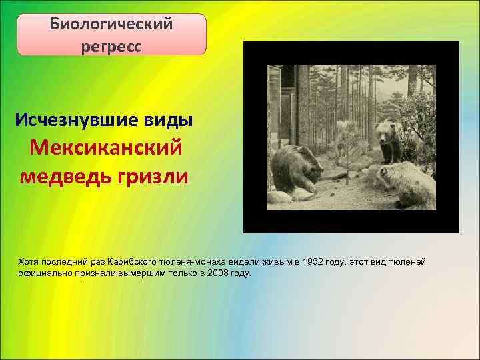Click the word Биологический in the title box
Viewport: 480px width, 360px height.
111,24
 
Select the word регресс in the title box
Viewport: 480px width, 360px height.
111,47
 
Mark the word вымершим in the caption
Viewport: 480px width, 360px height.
140,273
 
